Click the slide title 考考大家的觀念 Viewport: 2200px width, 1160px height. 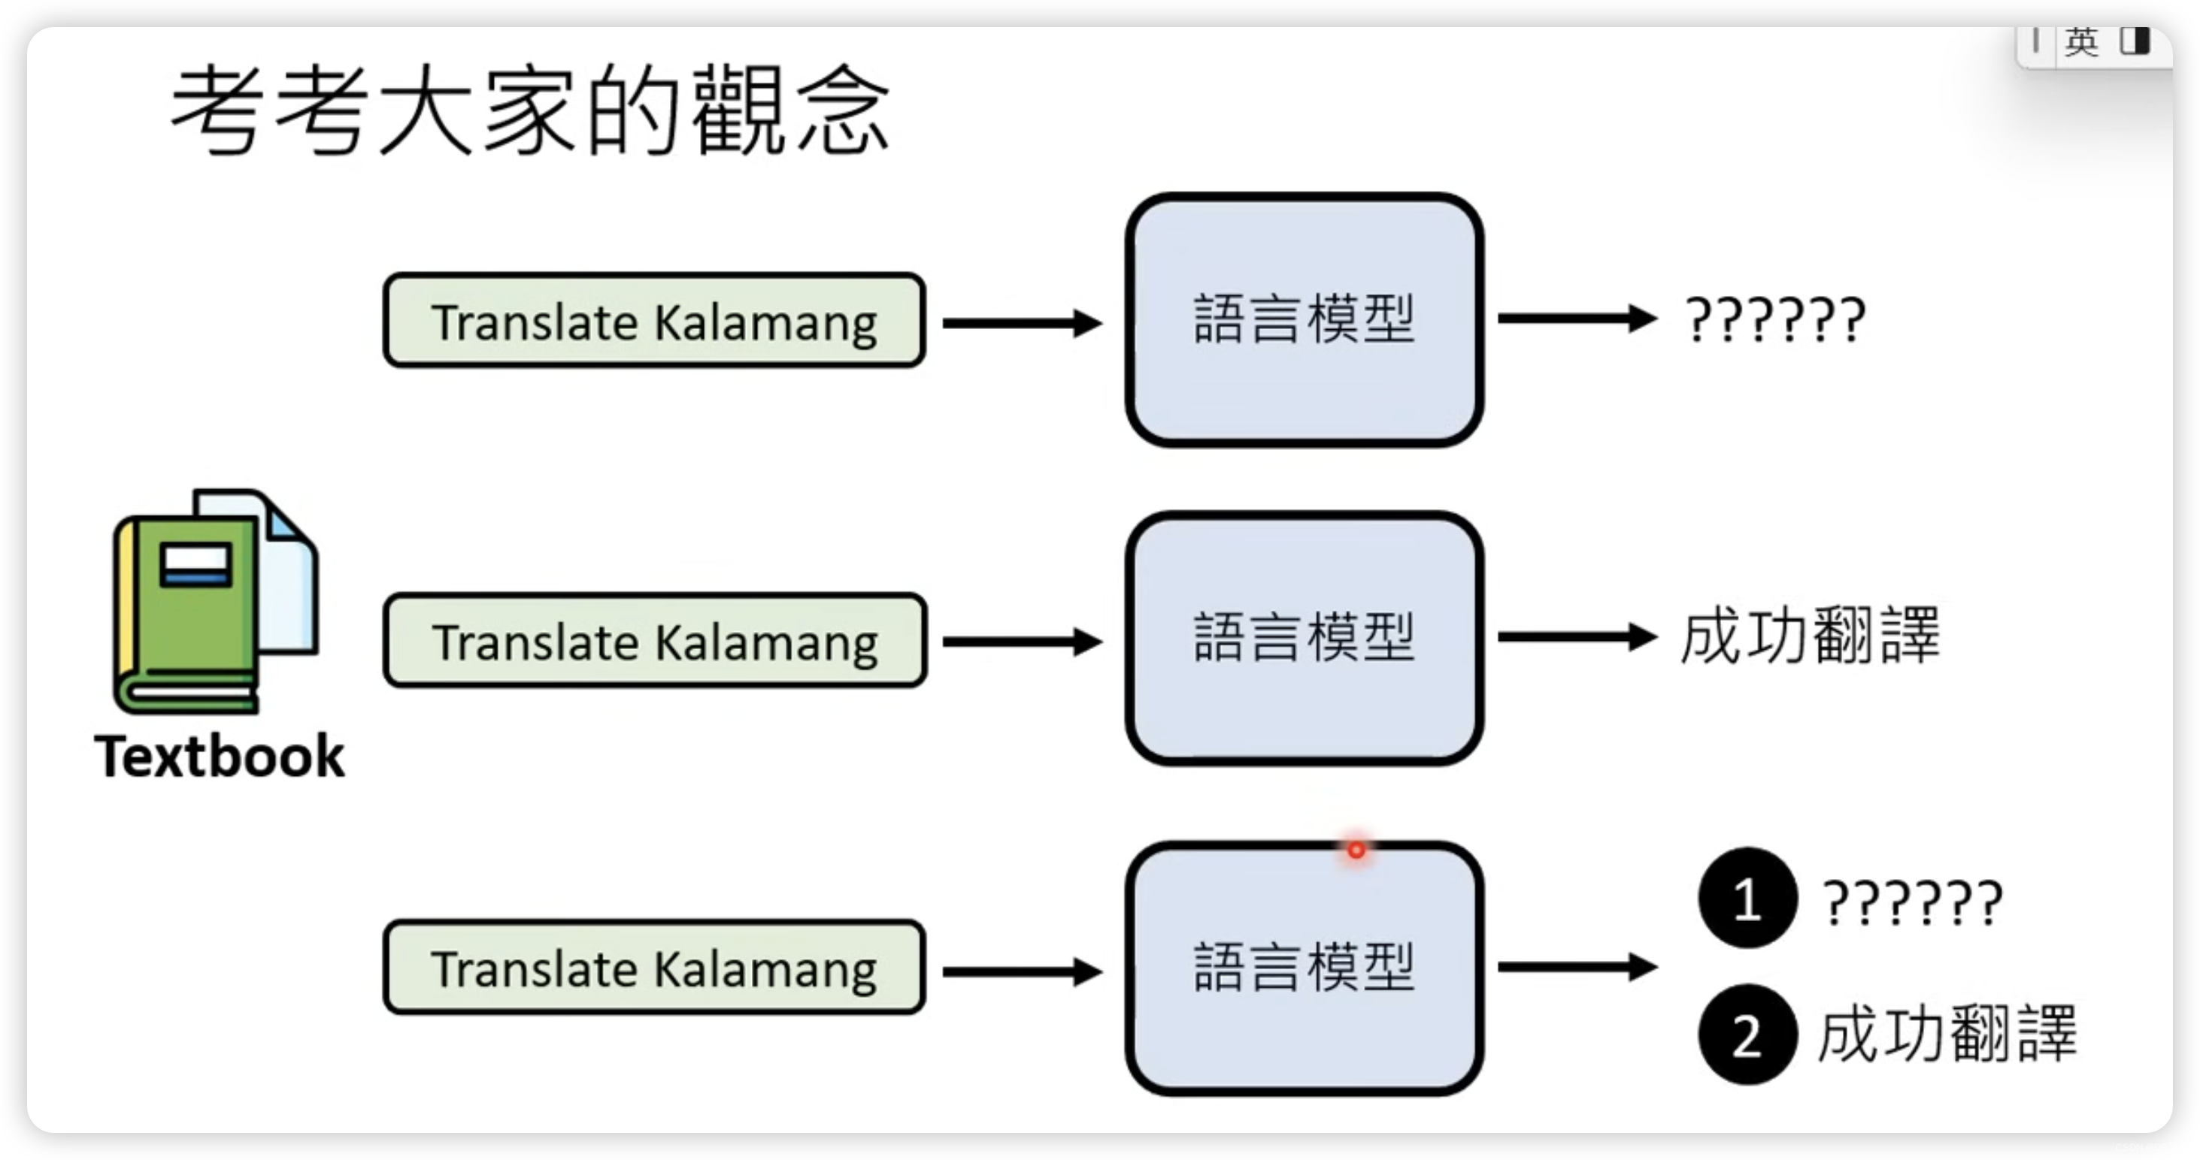tap(529, 111)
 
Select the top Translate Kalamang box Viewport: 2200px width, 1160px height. tap(654, 321)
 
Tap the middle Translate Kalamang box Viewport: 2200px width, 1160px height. tap(654, 641)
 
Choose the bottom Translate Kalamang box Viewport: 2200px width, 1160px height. tap(654, 968)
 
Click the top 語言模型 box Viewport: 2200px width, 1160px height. tap(1304, 319)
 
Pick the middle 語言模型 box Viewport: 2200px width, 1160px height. tap(1304, 638)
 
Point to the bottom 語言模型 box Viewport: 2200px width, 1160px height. tap(1304, 968)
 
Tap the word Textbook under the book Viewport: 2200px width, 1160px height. tap(220, 757)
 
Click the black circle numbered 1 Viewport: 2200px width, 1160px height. tap(1747, 898)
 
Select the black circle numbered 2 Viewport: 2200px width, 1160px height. tap(1747, 1035)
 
